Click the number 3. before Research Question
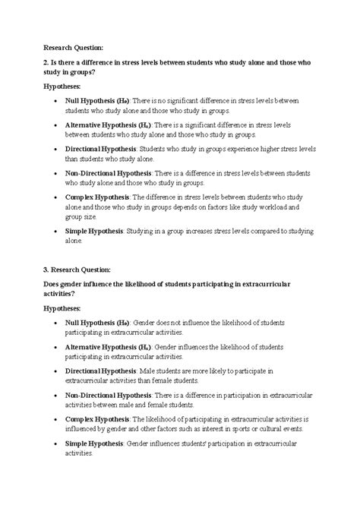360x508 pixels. pos(46,270)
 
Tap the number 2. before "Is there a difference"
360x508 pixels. pos(46,61)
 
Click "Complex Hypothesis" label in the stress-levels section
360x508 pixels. pos(98,196)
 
